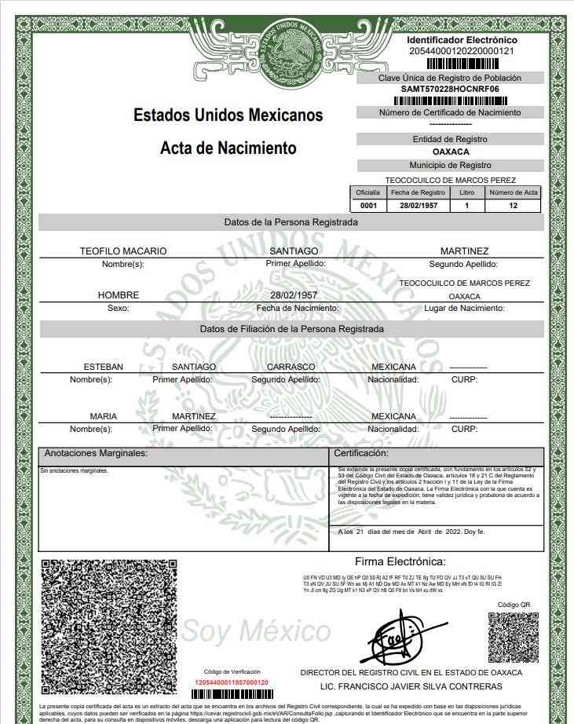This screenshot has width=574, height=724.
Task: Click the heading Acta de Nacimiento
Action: pos(228,148)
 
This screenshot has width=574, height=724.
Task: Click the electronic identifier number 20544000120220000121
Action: pos(462,51)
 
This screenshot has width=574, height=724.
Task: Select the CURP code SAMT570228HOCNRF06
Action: pos(450,90)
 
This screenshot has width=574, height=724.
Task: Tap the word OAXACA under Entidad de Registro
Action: pos(451,152)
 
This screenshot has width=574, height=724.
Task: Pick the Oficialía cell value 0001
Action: pos(367,206)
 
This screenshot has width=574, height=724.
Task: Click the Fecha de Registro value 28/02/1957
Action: pos(418,206)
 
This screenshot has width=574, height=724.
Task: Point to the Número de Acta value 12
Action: pos(514,206)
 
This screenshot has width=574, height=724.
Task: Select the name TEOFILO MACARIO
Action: pos(123,251)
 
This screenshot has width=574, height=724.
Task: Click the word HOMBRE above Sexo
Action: pos(118,295)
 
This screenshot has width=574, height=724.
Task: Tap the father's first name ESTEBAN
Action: pos(104,367)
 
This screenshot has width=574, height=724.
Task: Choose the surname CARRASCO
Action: pos(291,367)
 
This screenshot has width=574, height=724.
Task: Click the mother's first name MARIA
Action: pos(103,416)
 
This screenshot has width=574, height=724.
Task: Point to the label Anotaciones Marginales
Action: pos(96,454)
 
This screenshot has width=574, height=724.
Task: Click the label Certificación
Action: pos(361,454)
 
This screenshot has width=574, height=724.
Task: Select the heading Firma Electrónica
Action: pos(400,561)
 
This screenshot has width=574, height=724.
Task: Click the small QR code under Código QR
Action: pos(514,638)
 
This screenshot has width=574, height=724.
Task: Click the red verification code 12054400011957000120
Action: pos(231,682)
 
